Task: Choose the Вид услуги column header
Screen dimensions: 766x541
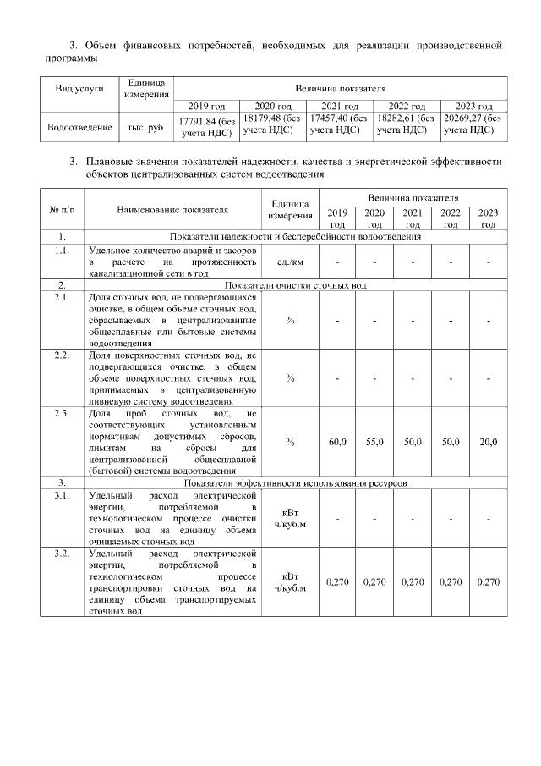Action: pyautogui.click(x=80, y=88)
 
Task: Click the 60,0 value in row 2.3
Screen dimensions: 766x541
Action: pyautogui.click(x=337, y=443)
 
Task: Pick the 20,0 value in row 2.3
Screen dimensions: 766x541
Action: pyautogui.click(x=488, y=443)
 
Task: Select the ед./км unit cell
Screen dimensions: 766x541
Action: pyautogui.click(x=290, y=262)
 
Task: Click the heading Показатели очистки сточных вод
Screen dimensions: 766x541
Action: pyautogui.click(x=295, y=285)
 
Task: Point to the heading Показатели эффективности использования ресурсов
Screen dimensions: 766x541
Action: pyautogui.click(x=295, y=482)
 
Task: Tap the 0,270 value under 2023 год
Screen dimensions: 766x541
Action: pyautogui.click(x=488, y=582)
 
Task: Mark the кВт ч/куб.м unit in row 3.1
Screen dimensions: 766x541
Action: pyautogui.click(x=290, y=517)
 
